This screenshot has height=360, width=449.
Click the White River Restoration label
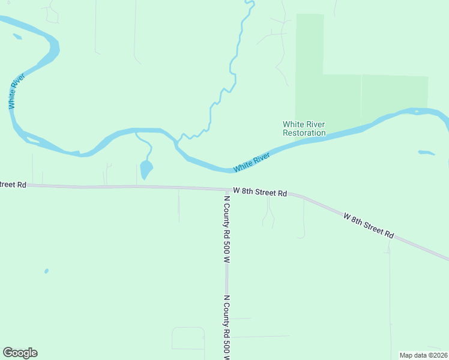[304, 128]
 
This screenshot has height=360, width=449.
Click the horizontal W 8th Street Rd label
[260, 191]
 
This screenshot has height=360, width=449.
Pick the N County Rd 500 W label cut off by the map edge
[227, 327]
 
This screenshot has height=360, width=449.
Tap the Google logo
[20, 353]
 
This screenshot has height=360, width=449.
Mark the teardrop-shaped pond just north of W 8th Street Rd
[146, 170]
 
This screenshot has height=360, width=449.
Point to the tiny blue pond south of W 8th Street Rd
[46, 271]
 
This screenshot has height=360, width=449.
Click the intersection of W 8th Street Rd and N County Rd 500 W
[227, 190]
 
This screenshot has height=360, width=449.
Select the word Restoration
[304, 133]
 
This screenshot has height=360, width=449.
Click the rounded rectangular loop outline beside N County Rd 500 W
[188, 338]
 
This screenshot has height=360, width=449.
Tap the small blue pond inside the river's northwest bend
[17, 37]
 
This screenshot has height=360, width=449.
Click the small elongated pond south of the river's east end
[426, 152]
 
